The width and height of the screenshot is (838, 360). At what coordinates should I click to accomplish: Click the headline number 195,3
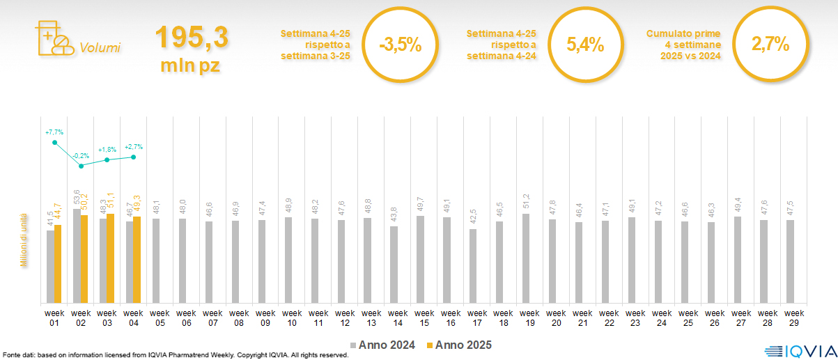pyautogui.click(x=192, y=38)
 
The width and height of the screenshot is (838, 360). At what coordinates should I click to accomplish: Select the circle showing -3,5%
pyautogui.click(x=401, y=46)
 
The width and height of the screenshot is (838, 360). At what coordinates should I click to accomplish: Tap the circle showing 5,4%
pyautogui.click(x=584, y=46)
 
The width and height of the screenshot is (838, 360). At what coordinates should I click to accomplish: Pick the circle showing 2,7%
pyautogui.click(x=770, y=45)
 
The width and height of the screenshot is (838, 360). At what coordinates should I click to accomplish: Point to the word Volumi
pyautogui.click(x=100, y=48)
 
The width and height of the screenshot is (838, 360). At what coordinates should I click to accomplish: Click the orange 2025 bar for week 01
pyautogui.click(x=58, y=263)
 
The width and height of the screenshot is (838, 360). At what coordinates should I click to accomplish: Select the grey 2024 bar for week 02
pyautogui.click(x=77, y=255)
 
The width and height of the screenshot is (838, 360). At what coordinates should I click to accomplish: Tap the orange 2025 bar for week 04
pyautogui.click(x=137, y=259)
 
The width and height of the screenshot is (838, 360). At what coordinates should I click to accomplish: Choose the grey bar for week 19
pyautogui.click(x=526, y=258)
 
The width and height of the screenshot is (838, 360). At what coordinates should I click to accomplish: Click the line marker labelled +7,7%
pyautogui.click(x=54, y=143)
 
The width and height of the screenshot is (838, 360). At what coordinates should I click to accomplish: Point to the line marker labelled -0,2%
pyautogui.click(x=81, y=166)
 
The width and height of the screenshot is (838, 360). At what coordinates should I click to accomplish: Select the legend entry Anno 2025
pyautogui.click(x=459, y=345)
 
